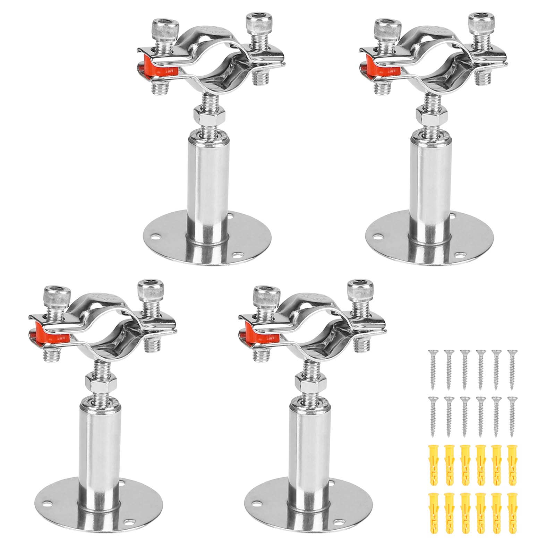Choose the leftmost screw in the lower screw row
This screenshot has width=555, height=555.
(x=433, y=416)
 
